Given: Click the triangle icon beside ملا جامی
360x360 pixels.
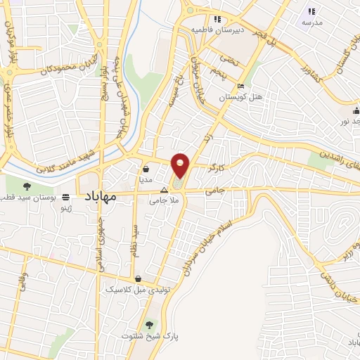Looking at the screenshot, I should coord(164,190).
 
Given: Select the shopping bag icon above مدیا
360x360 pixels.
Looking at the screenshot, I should coord(146,169).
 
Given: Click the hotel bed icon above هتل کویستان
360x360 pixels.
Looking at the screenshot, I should coord(241,87).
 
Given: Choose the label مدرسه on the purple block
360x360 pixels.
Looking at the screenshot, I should coord(312,23).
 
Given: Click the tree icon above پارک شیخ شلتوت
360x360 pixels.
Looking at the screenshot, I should coord(149,325).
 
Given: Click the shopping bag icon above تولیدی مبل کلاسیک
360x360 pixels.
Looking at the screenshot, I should coord(138,278).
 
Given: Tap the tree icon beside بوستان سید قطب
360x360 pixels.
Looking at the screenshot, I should coord(27,186).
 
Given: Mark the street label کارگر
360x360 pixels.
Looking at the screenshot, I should coord(217,169).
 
